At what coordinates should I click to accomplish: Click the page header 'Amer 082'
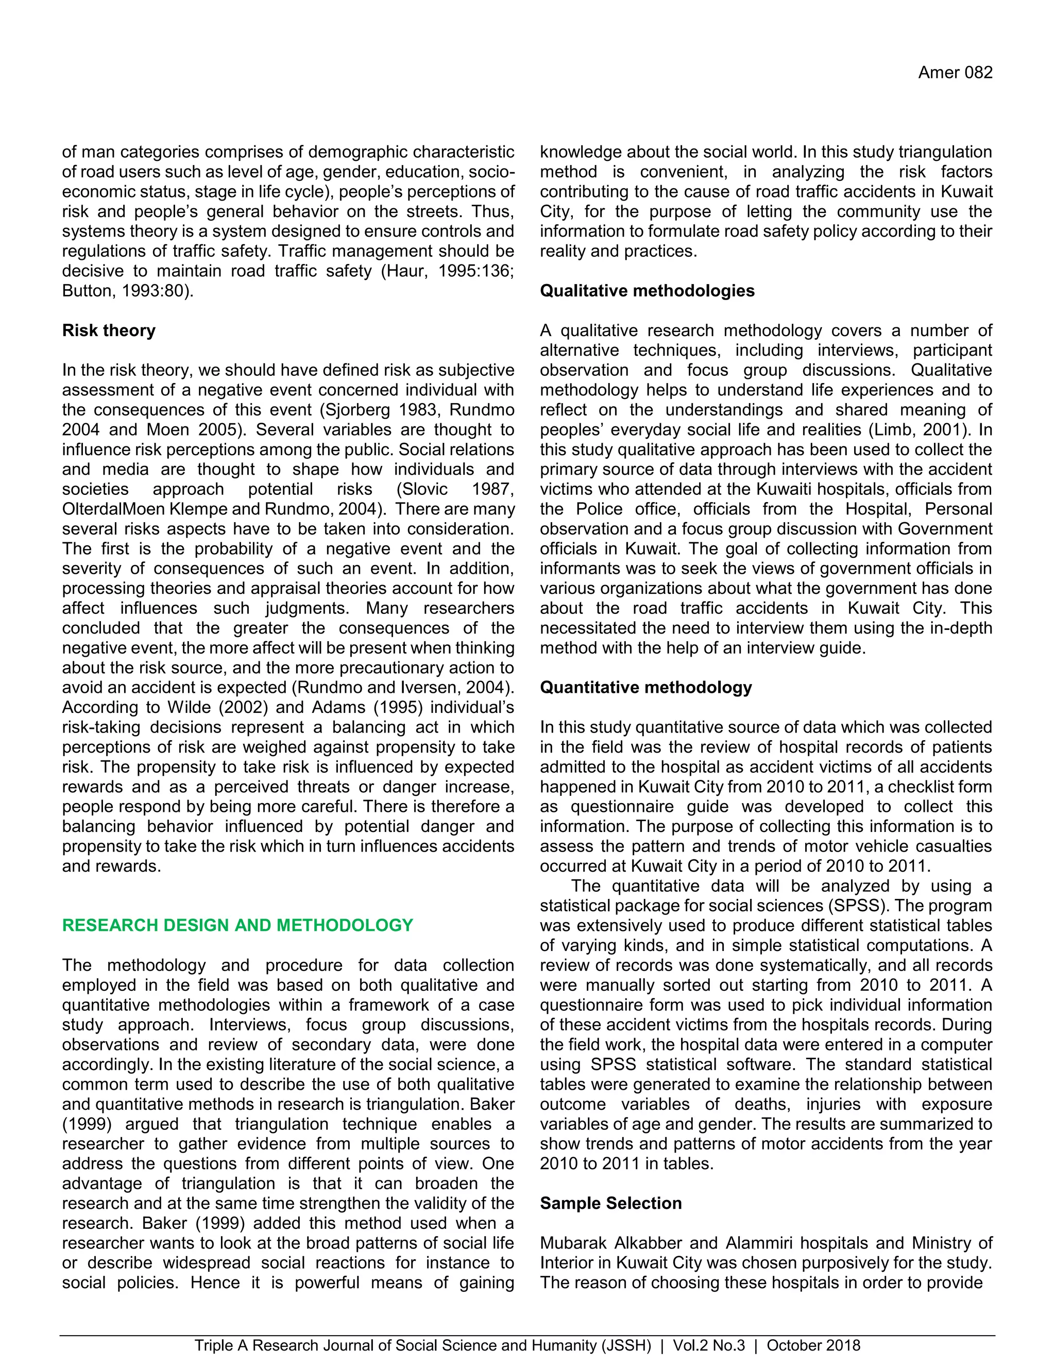click(x=955, y=73)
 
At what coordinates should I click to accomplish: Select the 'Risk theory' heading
click(x=109, y=330)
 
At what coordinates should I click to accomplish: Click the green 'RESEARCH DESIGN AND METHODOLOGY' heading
click(x=237, y=925)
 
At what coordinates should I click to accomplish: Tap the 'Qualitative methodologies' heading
click(x=647, y=291)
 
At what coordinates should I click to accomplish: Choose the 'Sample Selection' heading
click(x=610, y=1204)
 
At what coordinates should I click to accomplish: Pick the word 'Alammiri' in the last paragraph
click(x=759, y=1243)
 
